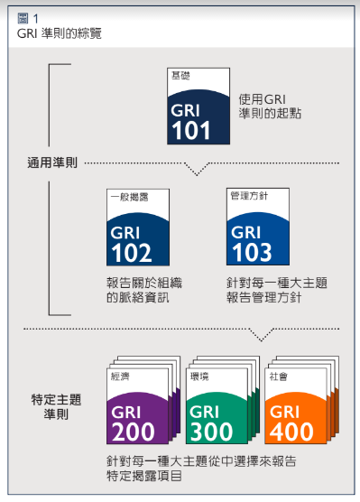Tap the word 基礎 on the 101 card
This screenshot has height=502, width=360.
181,76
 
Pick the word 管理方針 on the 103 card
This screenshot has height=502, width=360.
247,195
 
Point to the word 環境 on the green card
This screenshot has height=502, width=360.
199,376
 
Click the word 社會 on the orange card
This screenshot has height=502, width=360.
278,376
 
